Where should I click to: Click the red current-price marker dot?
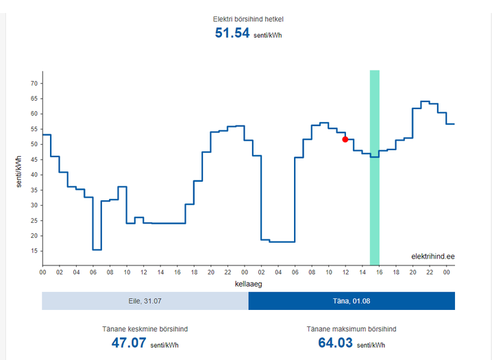tap(345, 139)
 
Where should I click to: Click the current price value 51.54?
tap(232, 33)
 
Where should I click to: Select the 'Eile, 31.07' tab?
tap(145, 301)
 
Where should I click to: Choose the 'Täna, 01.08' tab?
tap(352, 301)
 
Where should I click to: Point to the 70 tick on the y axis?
tap(33, 83)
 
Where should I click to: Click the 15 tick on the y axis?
tap(33, 251)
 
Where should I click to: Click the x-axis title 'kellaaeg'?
tap(248, 283)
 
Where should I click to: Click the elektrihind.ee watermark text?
tap(432, 256)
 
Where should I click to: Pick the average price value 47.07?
tap(129, 342)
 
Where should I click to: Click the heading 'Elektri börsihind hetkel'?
tap(248, 19)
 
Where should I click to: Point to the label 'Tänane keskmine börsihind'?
tap(145, 329)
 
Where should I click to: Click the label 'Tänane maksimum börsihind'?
tap(352, 329)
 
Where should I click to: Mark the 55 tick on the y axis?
tap(33, 129)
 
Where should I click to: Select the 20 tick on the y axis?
tap(33, 236)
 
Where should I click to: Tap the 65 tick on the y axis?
tap(33, 99)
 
